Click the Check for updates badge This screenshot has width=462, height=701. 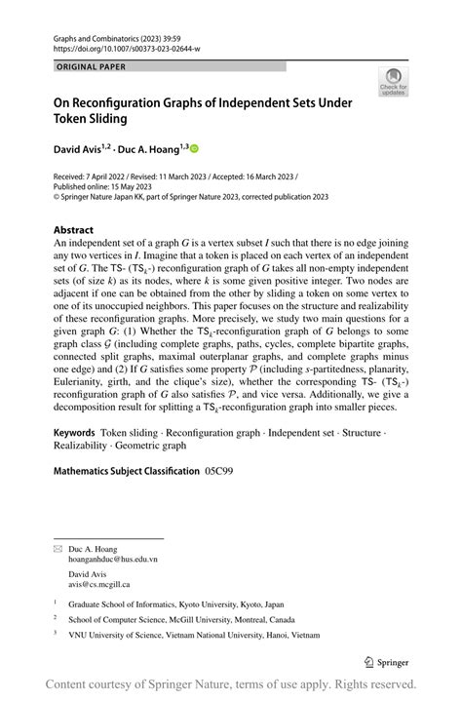pos(393,82)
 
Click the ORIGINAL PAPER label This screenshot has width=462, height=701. pos(92,67)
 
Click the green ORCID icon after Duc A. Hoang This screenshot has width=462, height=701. pos(193,148)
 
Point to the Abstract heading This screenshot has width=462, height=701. pos(73,231)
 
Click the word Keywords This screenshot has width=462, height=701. pos(74,431)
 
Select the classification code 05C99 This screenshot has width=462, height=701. pos(219,471)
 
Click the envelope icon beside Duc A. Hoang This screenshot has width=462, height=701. pos(57,549)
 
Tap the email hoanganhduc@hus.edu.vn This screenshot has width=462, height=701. pos(112,560)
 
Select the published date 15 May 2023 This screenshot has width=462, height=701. pos(128,186)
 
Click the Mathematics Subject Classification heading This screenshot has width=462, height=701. pos(126,471)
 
